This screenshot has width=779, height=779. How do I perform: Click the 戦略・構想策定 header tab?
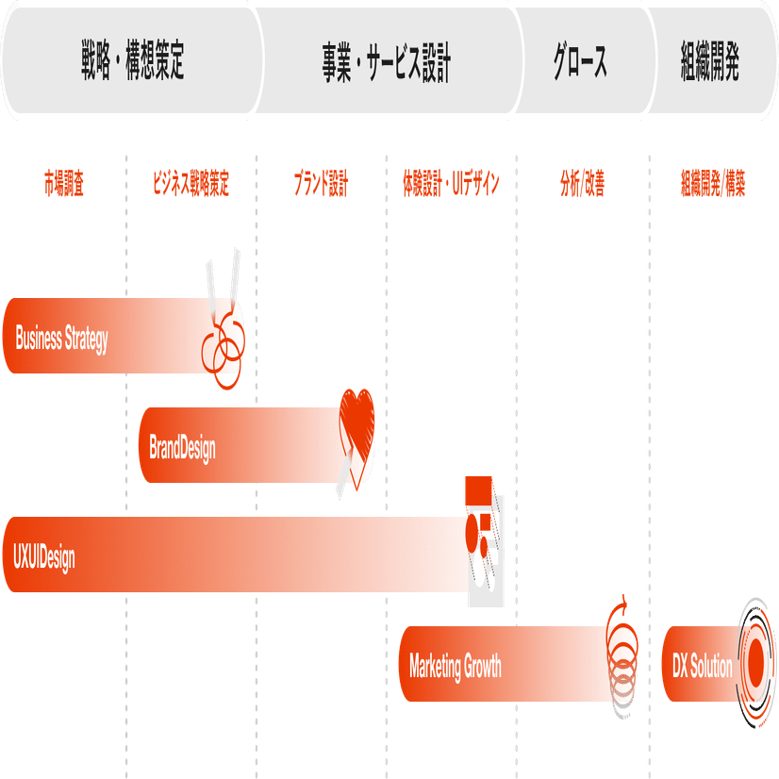tap(132, 61)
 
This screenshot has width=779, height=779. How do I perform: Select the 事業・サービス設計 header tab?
tap(387, 61)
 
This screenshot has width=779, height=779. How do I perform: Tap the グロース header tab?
tap(580, 61)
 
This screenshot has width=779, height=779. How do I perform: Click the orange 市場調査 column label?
tap(63, 184)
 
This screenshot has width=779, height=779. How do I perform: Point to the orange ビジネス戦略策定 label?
tap(191, 184)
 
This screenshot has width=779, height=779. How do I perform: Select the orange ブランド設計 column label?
tap(321, 184)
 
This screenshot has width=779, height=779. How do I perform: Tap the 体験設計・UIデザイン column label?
tap(450, 184)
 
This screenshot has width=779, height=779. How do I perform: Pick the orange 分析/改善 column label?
tap(581, 184)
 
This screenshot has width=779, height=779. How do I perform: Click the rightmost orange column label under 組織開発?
tap(713, 184)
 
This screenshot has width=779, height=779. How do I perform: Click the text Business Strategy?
tap(62, 340)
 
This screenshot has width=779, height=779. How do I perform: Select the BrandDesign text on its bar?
tap(182, 447)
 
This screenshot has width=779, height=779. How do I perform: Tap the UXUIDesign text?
tap(44, 556)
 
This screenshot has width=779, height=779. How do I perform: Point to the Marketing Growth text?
tap(456, 667)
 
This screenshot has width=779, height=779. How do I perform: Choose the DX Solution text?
tap(703, 667)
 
